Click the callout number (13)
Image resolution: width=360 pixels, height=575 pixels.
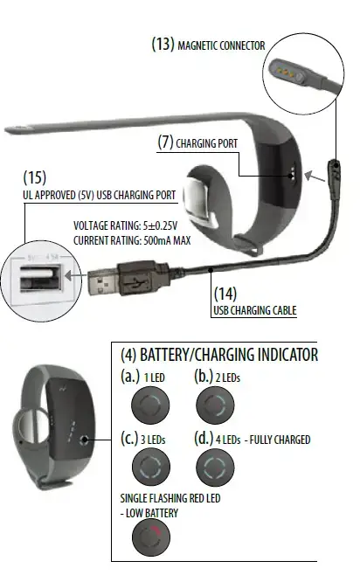pyautogui.click(x=163, y=44)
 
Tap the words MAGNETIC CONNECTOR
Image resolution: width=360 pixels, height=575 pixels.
pyautogui.click(x=221, y=45)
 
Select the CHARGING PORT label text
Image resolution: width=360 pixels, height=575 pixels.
pyautogui.click(x=207, y=143)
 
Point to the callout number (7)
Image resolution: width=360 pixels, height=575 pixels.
pyautogui.click(x=165, y=142)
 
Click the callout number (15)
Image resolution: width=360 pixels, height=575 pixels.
pyautogui.click(x=35, y=177)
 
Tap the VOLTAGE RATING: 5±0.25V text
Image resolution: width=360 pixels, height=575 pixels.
pyautogui.click(x=126, y=225)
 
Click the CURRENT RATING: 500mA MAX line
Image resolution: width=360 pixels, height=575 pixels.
pyautogui.click(x=132, y=240)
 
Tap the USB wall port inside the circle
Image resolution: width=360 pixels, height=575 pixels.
pyautogui.click(x=41, y=278)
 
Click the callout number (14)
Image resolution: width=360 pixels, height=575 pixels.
pyautogui.click(x=225, y=294)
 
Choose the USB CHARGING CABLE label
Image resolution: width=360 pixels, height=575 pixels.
pyautogui.click(x=255, y=310)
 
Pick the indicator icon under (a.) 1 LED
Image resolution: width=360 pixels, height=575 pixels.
pyautogui.click(x=150, y=405)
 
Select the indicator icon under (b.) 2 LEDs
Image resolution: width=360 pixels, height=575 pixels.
pyautogui.click(x=215, y=405)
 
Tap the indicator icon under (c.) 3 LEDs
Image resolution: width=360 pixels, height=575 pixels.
pyautogui.click(x=150, y=467)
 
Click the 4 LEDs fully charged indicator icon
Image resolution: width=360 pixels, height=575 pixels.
pyautogui.click(x=215, y=467)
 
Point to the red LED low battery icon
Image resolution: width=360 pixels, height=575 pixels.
pyautogui.click(x=150, y=537)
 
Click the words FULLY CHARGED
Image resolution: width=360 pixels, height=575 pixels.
pyautogui.click(x=280, y=440)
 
